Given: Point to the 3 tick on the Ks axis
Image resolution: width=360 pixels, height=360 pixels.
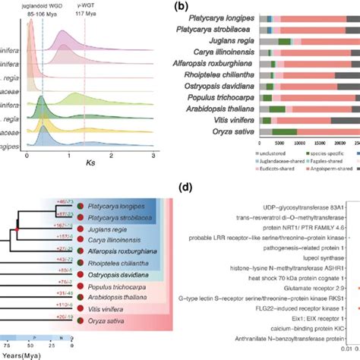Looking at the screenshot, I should (153, 156).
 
